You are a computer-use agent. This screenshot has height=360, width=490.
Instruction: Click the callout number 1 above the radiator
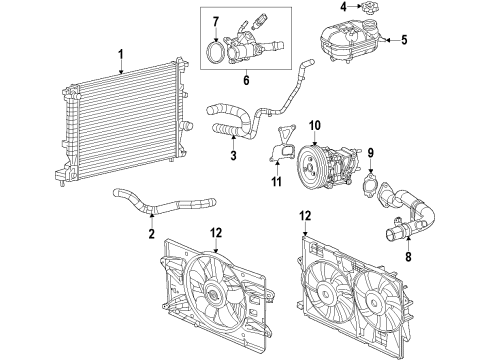pos(119,54)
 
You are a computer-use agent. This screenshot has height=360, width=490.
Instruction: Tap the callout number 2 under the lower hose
pos(151,235)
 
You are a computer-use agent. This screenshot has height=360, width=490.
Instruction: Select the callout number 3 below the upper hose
pos(233,156)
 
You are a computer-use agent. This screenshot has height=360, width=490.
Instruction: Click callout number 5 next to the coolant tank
pos(404,41)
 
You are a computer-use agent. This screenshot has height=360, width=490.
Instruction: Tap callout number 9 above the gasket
pos(371,153)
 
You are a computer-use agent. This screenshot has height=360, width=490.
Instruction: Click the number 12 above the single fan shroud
pos(216,233)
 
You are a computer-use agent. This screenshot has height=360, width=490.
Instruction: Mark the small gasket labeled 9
pos(371,185)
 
